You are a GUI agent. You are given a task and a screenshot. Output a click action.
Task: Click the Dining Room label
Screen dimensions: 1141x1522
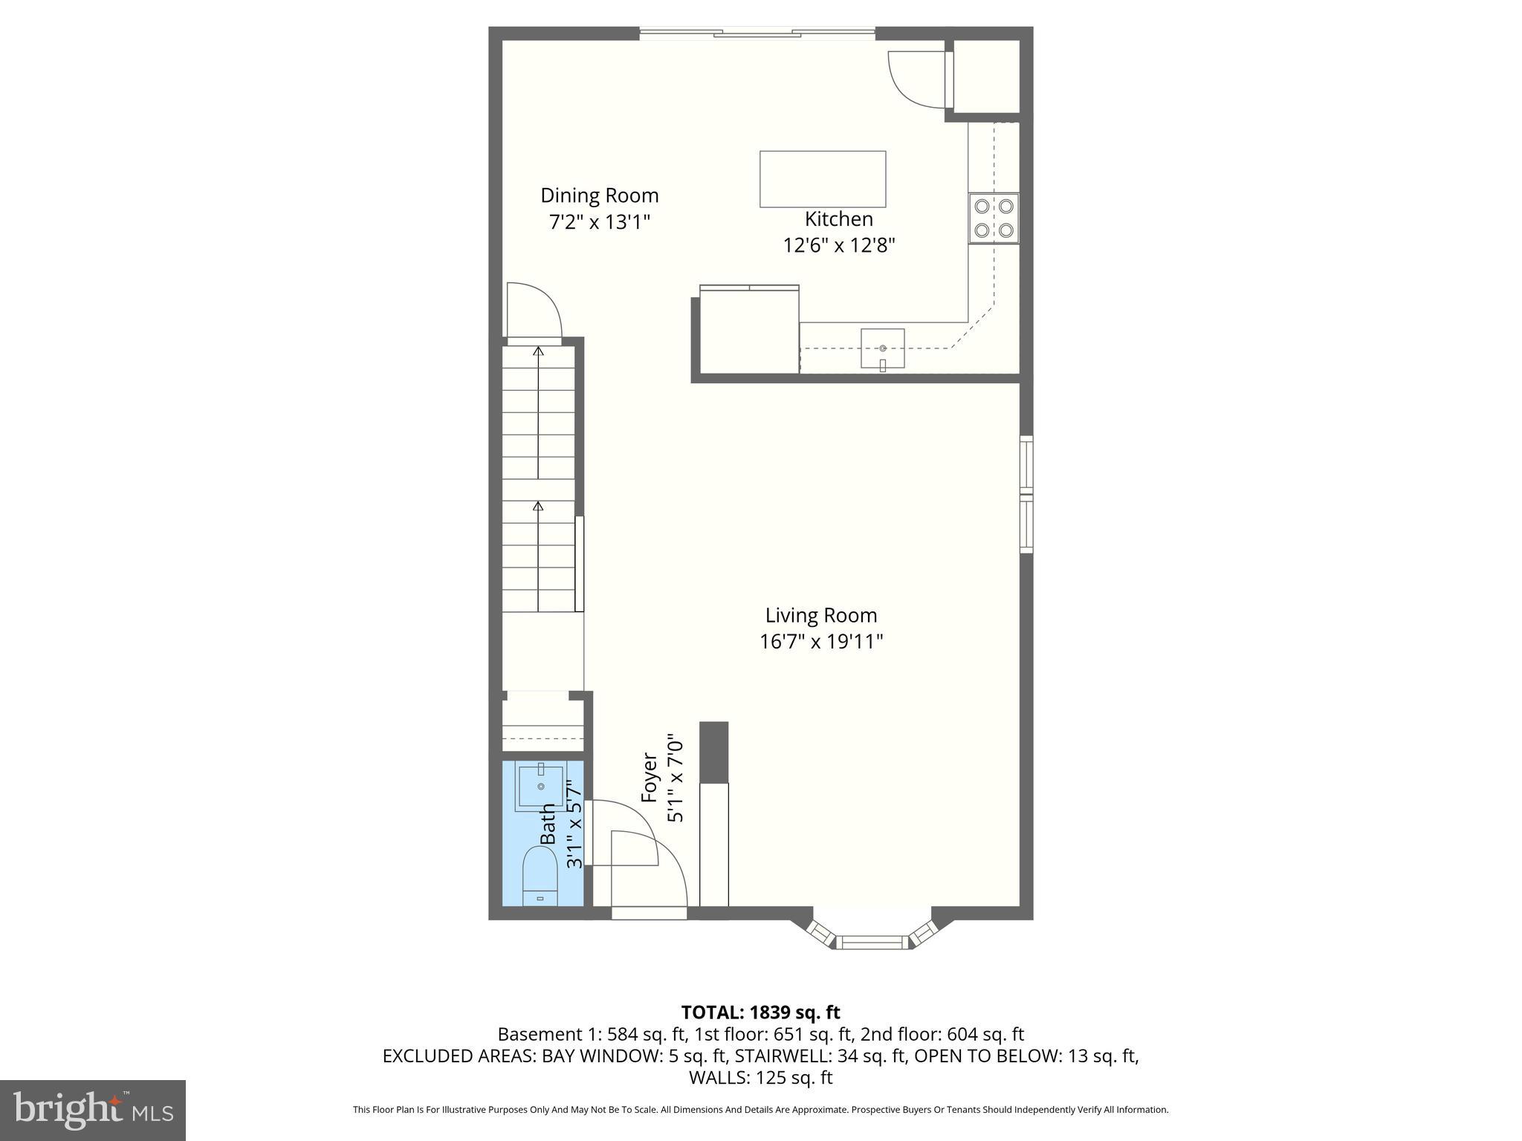[599, 195]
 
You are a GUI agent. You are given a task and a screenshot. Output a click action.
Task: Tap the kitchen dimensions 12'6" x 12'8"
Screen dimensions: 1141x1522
[838, 245]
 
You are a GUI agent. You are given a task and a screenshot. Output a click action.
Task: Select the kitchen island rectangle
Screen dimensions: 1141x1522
[822, 179]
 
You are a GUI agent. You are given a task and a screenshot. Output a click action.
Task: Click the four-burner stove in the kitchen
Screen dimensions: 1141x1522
[994, 218]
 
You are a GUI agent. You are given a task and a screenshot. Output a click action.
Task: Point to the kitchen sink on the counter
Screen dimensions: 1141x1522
[882, 348]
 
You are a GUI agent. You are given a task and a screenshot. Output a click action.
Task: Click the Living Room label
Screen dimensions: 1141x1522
[821, 615]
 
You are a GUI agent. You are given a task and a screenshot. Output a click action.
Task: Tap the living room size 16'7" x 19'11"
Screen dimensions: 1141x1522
[821, 641]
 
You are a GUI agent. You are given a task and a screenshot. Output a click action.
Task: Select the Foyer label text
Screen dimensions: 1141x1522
[650, 778]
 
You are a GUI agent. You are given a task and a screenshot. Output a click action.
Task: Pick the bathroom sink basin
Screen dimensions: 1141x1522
[541, 786]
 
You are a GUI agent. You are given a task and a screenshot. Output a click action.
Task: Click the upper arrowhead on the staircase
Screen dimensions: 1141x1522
[538, 351]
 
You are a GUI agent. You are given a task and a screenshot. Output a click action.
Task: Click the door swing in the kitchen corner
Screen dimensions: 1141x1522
[916, 79]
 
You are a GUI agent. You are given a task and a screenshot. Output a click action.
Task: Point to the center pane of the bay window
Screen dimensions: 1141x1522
[872, 943]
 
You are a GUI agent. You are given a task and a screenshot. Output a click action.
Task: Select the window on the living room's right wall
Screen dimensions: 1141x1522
[1026, 494]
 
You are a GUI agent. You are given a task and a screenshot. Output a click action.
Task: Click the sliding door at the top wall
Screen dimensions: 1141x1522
[757, 33]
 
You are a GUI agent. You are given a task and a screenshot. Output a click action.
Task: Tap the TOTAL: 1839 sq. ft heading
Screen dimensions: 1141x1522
[760, 1012]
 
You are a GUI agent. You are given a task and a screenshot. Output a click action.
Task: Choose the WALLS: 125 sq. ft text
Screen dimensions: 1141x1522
[760, 1077]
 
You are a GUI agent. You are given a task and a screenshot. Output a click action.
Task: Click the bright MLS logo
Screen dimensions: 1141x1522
[93, 1110]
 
